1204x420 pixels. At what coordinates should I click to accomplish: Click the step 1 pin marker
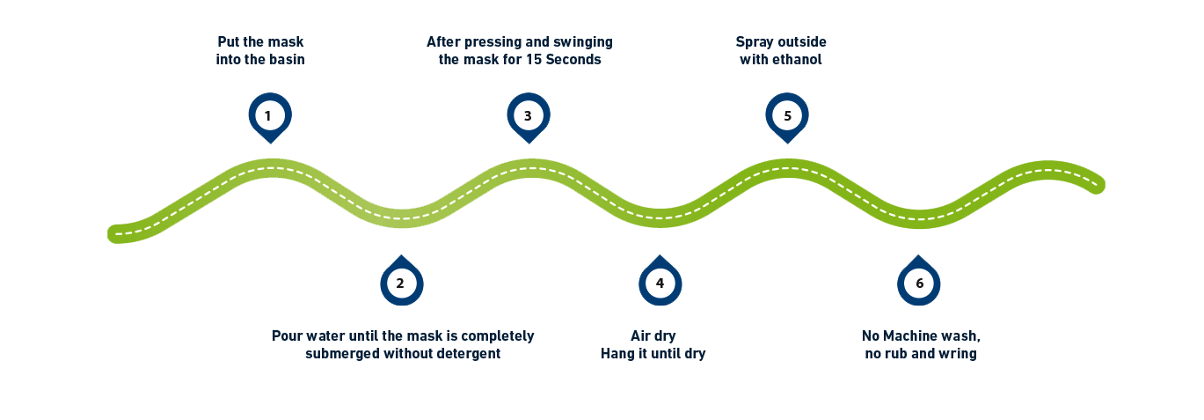point(269,115)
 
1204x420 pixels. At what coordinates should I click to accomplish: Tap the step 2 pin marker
point(401,283)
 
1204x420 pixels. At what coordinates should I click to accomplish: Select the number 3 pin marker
point(528,115)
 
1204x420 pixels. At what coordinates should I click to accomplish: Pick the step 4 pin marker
point(660,283)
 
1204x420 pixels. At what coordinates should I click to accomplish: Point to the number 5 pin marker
point(787,115)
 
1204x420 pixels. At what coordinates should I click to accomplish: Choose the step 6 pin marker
point(919,283)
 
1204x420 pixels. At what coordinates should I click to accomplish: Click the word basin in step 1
point(285,60)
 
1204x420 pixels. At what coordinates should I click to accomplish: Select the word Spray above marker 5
point(754,42)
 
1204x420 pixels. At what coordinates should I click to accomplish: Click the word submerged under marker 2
point(340,354)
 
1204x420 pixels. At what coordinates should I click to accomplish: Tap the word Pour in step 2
point(288,336)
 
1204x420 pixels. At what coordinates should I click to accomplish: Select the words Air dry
point(653,336)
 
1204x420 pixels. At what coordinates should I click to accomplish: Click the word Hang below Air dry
point(618,354)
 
